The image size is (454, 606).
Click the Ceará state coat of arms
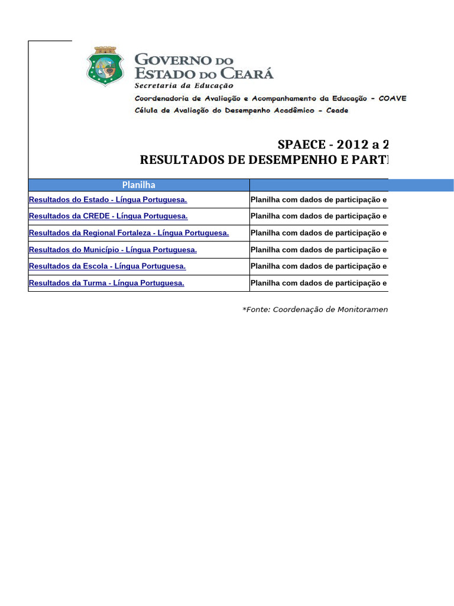[x=105, y=66]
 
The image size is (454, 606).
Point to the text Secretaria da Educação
[x=184, y=86]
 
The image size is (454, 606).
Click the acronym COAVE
[x=393, y=98]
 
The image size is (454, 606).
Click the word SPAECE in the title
[x=300, y=146]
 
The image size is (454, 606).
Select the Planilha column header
[x=138, y=185]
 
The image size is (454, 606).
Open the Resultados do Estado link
[x=108, y=200]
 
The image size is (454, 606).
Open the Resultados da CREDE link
[x=108, y=217]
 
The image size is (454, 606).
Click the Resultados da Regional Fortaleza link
[x=129, y=233]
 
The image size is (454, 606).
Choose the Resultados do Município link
[x=113, y=250]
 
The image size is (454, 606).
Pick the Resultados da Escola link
[x=107, y=266]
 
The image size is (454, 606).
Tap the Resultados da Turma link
[x=106, y=283]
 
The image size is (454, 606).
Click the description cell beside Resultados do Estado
[x=319, y=200]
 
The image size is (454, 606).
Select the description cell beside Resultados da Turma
[x=319, y=283]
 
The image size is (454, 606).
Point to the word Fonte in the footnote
[x=258, y=310]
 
